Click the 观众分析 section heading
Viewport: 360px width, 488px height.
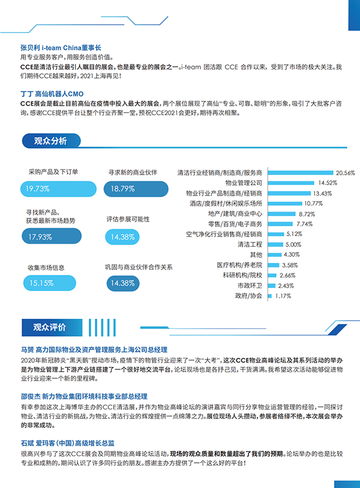[50, 141]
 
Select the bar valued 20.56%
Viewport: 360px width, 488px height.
[299, 172]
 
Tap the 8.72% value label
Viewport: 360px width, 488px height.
[307, 214]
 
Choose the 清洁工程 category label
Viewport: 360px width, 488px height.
[250, 245]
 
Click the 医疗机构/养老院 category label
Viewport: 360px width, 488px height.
[239, 265]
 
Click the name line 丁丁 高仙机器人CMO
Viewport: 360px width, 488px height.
[51, 94]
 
